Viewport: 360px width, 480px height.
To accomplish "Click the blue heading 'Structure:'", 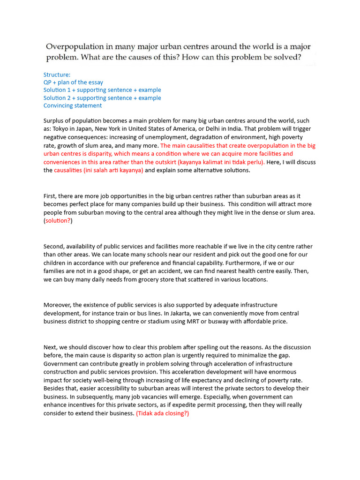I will [57, 75].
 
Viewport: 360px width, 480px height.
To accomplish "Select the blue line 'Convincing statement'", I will [73, 105].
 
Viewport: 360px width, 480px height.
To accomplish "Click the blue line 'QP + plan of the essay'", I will [73, 82].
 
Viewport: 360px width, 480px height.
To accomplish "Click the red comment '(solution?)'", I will [58, 221].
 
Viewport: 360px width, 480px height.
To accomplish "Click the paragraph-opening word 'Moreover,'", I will [58, 305].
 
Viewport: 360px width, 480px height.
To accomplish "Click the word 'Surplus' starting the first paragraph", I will [54, 120].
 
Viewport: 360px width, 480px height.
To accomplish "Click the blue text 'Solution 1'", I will [58, 90].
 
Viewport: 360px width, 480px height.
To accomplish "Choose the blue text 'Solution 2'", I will [58, 98].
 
